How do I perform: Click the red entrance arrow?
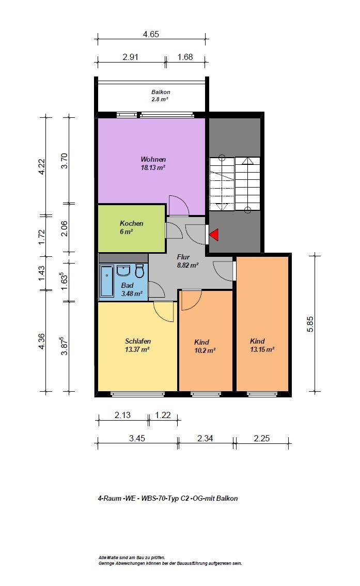tap(214, 235)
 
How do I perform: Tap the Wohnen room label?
tap(153, 163)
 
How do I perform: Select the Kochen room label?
tap(131, 227)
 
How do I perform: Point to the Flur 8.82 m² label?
tap(187, 261)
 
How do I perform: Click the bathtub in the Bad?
tap(107, 281)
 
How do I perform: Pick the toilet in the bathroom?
tap(139, 271)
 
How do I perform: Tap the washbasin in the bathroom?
tap(123, 270)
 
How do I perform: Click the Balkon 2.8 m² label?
tap(160, 95)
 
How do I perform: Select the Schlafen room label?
tap(137, 345)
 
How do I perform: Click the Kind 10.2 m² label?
tap(205, 346)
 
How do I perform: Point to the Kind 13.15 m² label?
tap(262, 345)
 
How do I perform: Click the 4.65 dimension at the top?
tap(151, 35)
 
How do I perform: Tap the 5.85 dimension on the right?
tap(310, 324)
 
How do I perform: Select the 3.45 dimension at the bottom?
tap(137, 438)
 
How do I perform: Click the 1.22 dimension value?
tap(163, 415)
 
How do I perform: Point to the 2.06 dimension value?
tap(64, 228)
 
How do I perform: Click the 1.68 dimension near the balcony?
tap(185, 57)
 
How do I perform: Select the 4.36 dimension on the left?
tap(41, 341)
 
